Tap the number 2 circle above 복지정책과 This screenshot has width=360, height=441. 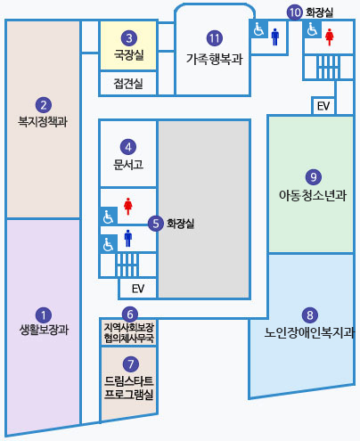click(44, 104)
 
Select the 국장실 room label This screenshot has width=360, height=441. click(129, 55)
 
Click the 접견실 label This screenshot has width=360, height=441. click(128, 84)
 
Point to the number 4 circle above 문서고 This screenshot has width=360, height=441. click(128, 147)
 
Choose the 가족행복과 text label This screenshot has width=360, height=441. click(214, 60)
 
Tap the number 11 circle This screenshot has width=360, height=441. click(214, 38)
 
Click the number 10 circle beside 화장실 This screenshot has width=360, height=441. click(295, 12)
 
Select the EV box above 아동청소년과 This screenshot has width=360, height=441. click(323, 106)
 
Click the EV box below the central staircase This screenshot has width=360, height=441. click(137, 289)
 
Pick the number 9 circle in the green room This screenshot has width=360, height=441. click(312, 176)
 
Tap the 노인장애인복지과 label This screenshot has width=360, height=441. click(310, 336)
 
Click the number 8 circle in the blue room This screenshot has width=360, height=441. click(310, 314)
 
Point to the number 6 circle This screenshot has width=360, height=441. click(129, 314)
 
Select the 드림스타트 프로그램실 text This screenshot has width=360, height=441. click(129, 387)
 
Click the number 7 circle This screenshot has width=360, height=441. click(129, 363)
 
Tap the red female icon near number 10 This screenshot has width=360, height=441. click(330, 36)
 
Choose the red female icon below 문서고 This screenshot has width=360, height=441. click(129, 206)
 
